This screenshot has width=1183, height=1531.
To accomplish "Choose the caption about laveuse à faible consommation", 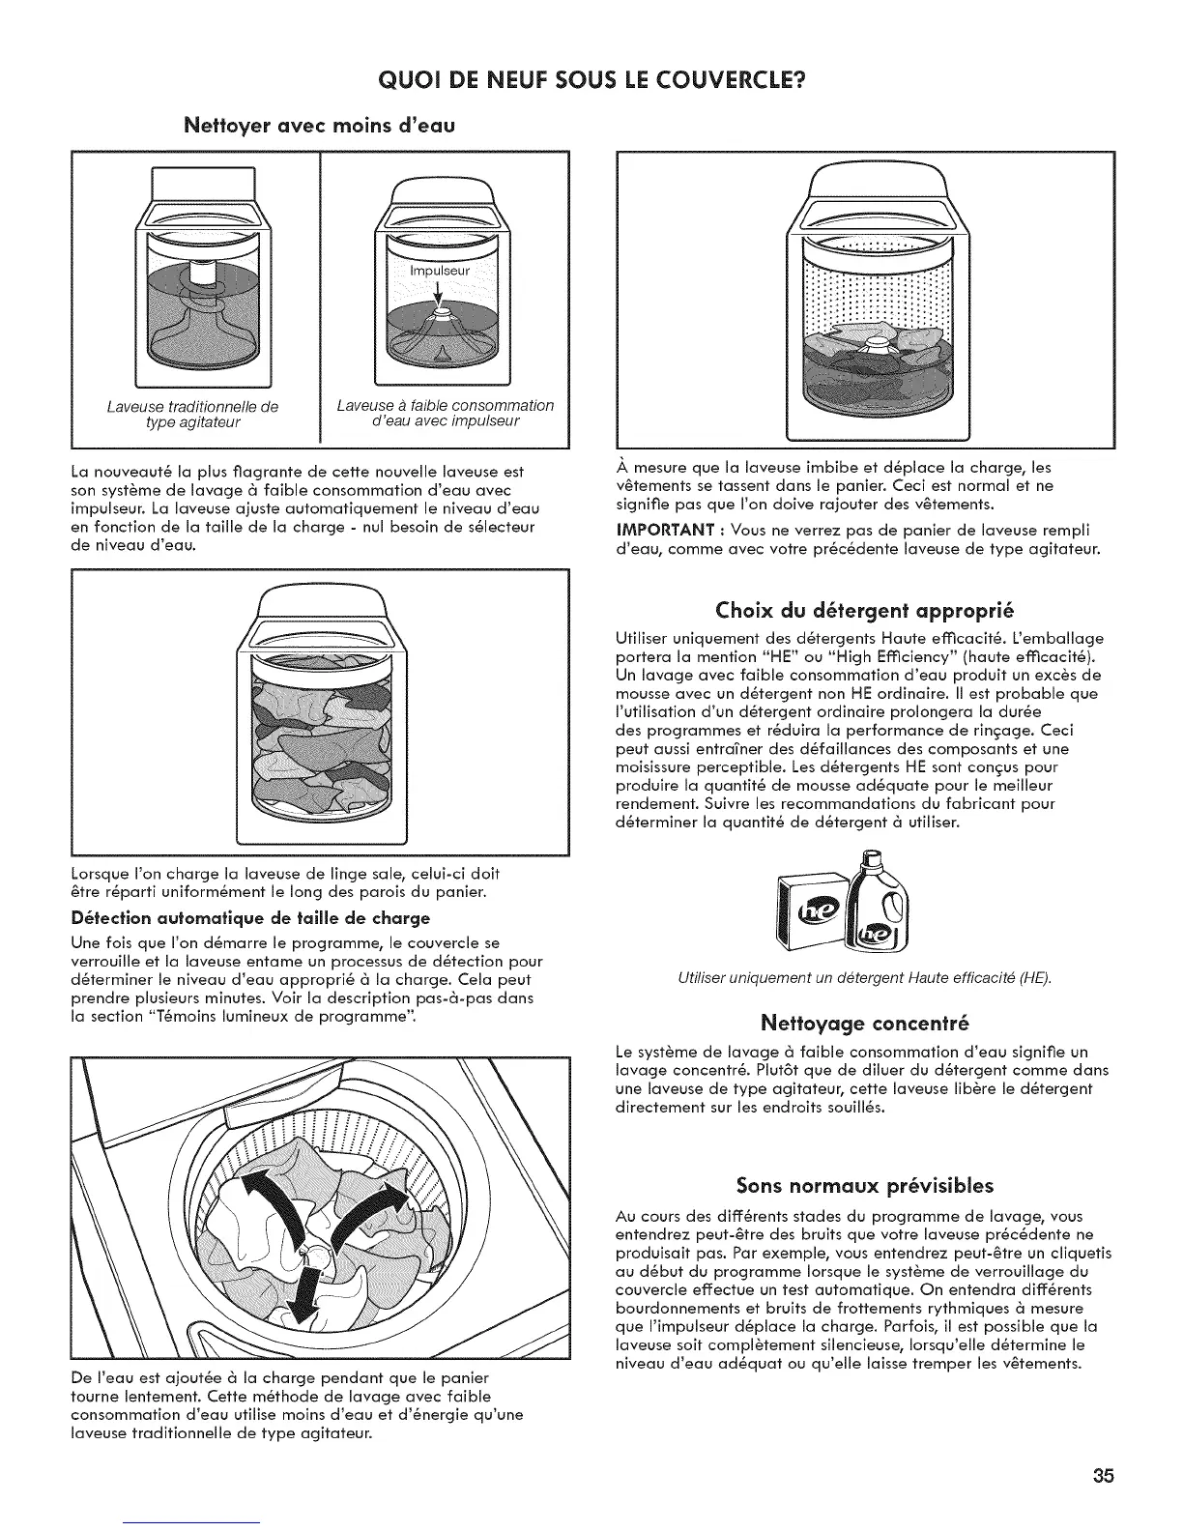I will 445,413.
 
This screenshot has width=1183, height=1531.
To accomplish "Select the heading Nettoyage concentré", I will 865,1022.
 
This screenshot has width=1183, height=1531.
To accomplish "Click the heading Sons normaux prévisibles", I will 865,1185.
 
